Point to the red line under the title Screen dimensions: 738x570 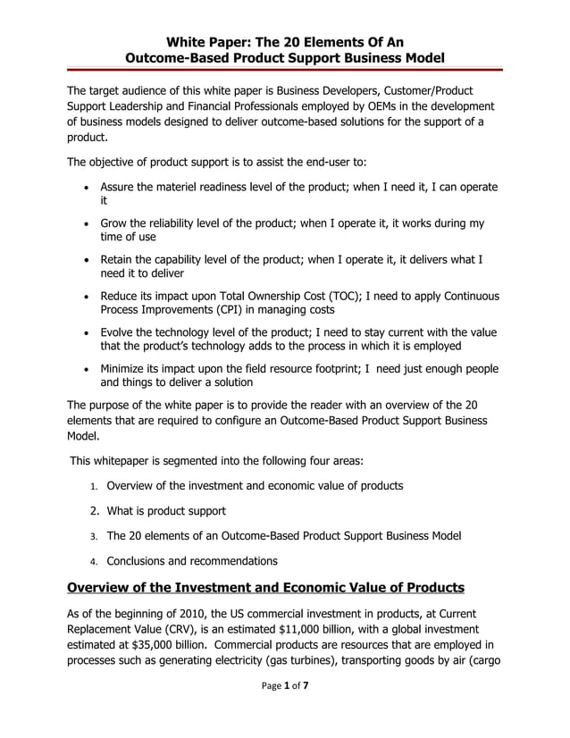click(285, 69)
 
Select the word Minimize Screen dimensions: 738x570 click(127, 369)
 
